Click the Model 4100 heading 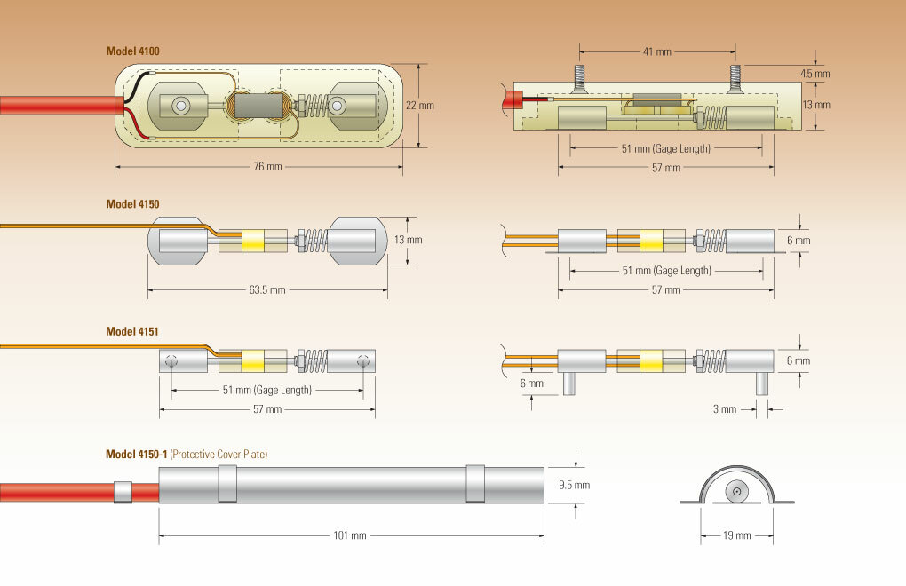click(x=132, y=51)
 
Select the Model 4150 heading click(x=132, y=204)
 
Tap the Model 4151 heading click(x=132, y=331)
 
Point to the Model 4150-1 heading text click(x=136, y=455)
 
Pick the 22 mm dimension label click(x=420, y=105)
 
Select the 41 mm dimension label click(x=657, y=51)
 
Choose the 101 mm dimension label click(x=352, y=535)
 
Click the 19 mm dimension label click(x=736, y=535)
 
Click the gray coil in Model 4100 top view click(x=257, y=107)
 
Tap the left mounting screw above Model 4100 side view click(x=579, y=77)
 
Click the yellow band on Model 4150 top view click(x=252, y=240)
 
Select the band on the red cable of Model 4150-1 click(x=123, y=492)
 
